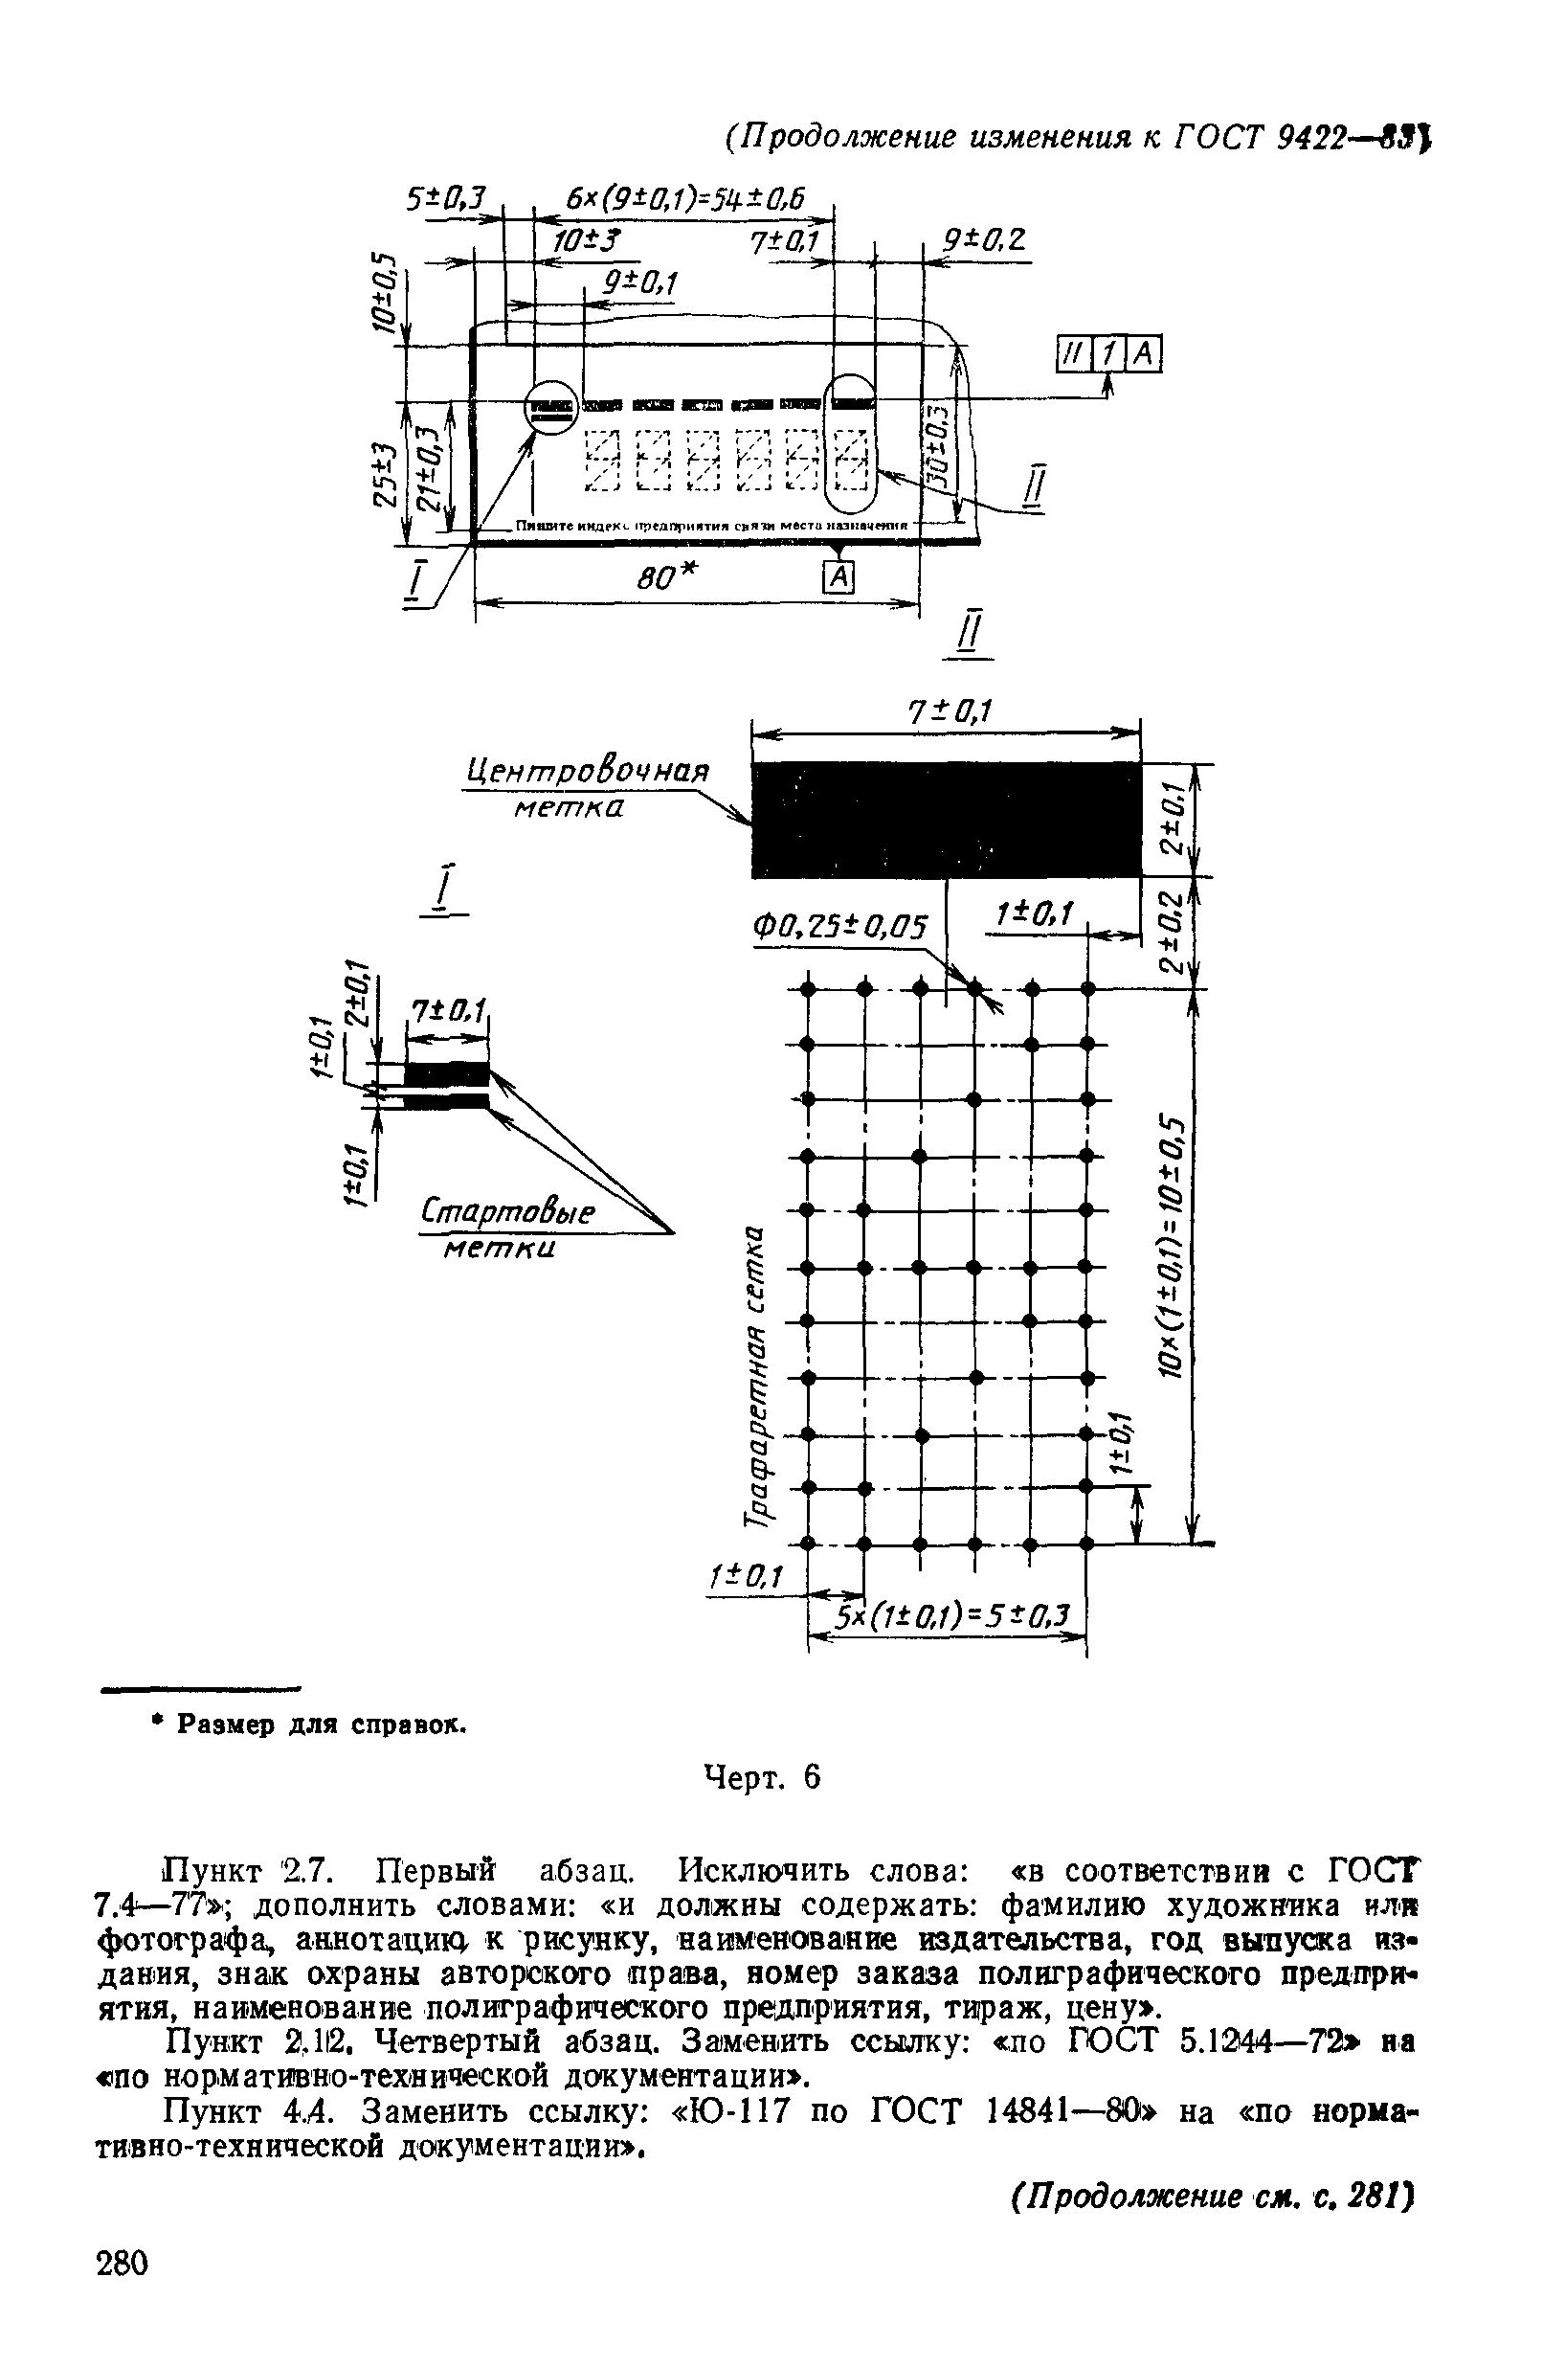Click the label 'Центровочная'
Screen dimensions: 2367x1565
point(587,772)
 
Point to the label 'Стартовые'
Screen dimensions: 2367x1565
point(508,1214)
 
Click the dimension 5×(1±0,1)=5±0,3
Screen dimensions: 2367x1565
point(951,1615)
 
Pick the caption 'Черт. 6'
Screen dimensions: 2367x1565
point(763,1778)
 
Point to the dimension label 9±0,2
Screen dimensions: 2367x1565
point(984,239)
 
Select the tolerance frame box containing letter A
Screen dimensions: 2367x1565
point(1146,353)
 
